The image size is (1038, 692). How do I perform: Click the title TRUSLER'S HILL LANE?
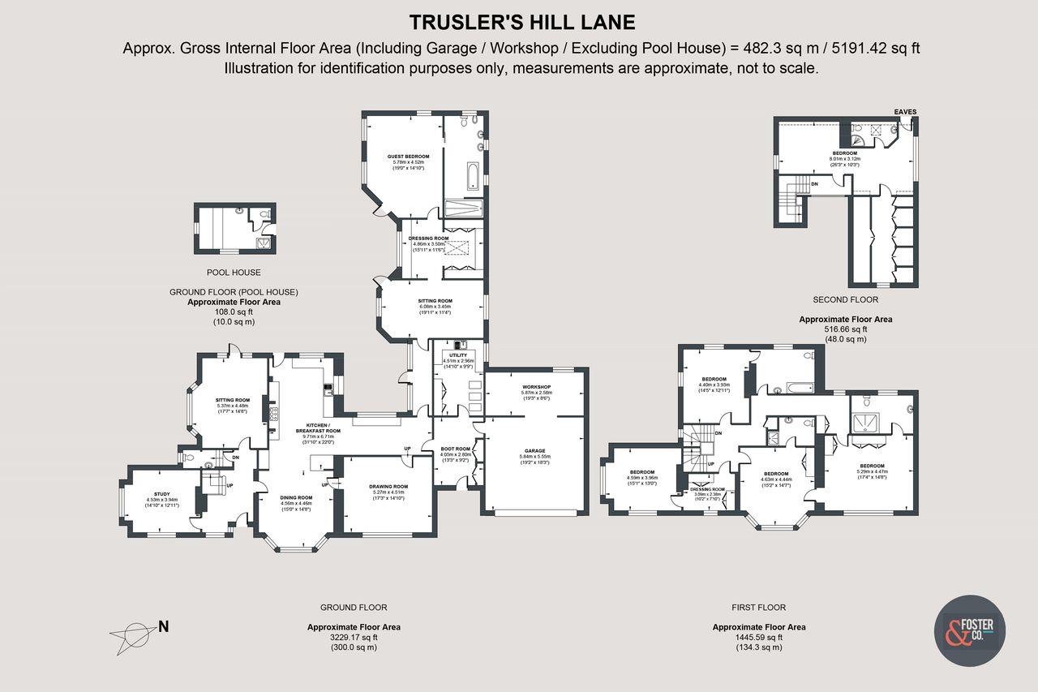click(521, 21)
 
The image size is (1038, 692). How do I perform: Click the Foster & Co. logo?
click(970, 630)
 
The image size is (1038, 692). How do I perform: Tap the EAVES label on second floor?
click(906, 112)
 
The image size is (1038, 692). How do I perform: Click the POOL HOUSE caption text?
click(234, 273)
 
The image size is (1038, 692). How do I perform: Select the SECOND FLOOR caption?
click(845, 299)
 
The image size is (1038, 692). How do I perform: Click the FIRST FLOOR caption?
click(758, 607)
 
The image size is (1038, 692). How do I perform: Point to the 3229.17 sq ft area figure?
click(354, 637)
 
